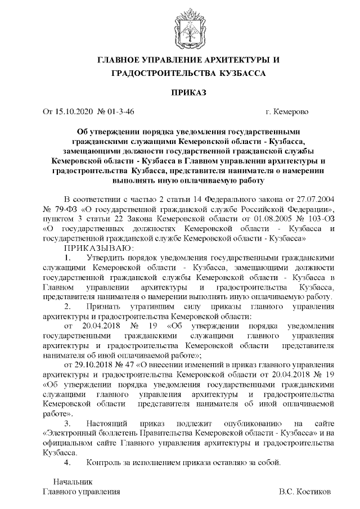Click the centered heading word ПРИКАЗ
pyautogui.click(x=180, y=92)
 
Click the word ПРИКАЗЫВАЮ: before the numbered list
pyautogui.click(x=99, y=247)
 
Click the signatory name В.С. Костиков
pyautogui.click(x=304, y=492)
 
